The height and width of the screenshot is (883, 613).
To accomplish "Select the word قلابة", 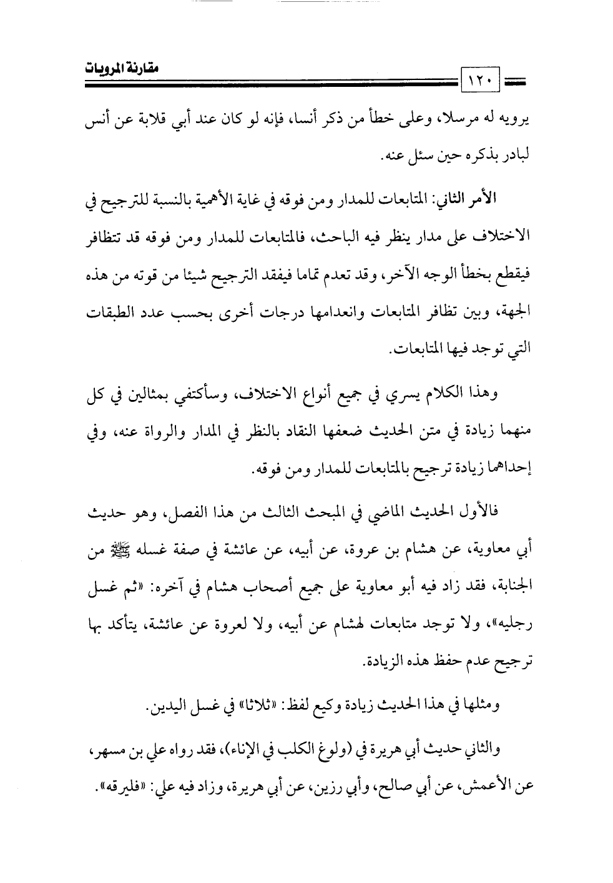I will pyautogui.click(x=154, y=122).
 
